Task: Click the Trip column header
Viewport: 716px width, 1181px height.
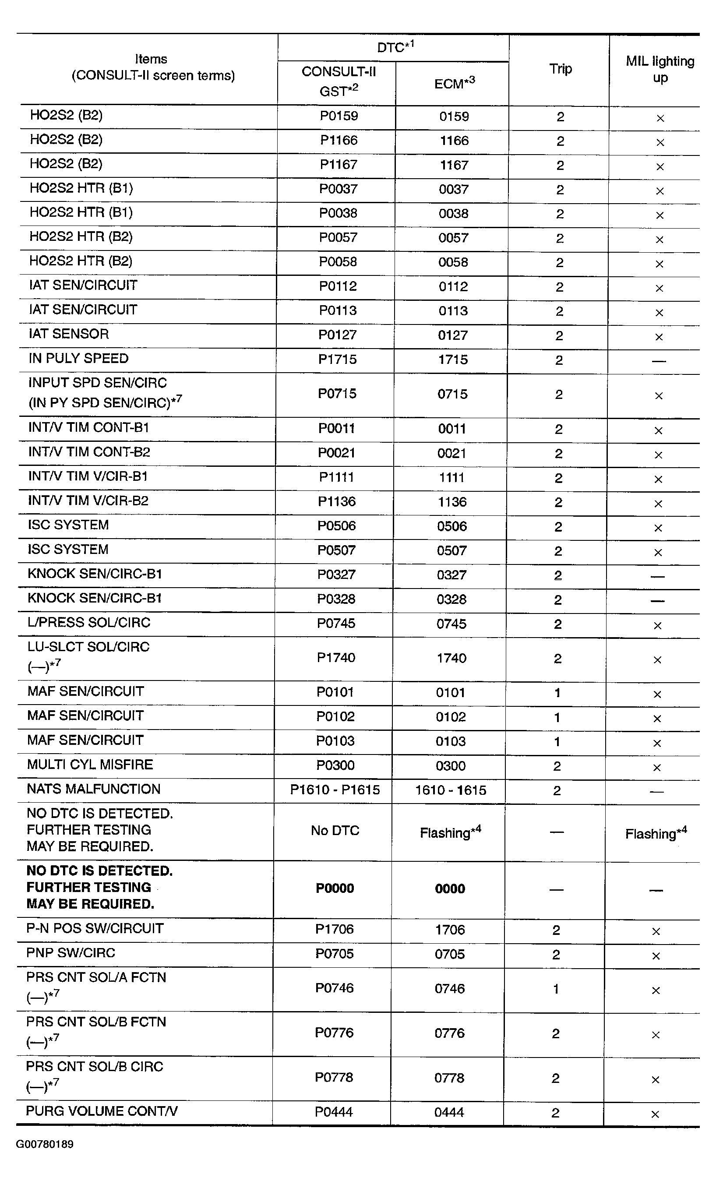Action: click(560, 69)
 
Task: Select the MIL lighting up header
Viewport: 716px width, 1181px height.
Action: click(660, 69)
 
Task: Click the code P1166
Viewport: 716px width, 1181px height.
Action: click(339, 141)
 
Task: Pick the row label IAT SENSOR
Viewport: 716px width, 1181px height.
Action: click(68, 334)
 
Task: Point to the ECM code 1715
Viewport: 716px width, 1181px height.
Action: click(452, 360)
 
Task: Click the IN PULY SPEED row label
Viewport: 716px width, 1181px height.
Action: click(78, 359)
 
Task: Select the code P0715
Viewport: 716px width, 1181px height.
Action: click(337, 394)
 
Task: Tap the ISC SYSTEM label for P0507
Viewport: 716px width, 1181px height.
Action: click(68, 549)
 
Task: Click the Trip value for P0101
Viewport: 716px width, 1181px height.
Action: click(557, 693)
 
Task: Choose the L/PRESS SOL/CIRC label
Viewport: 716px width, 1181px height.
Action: click(88, 623)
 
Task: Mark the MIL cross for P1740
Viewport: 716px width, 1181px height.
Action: click(657, 660)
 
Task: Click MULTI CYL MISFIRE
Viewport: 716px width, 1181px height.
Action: click(90, 765)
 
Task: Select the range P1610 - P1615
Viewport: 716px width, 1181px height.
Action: click(335, 790)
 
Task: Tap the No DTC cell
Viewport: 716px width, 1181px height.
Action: click(335, 831)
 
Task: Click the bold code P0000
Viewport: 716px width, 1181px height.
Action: click(335, 888)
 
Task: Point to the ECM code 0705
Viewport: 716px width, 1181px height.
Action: click(450, 954)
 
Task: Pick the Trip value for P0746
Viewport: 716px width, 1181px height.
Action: click(556, 989)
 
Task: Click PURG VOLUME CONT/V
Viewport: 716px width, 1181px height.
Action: click(102, 1111)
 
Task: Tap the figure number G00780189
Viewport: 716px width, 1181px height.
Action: click(45, 1145)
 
